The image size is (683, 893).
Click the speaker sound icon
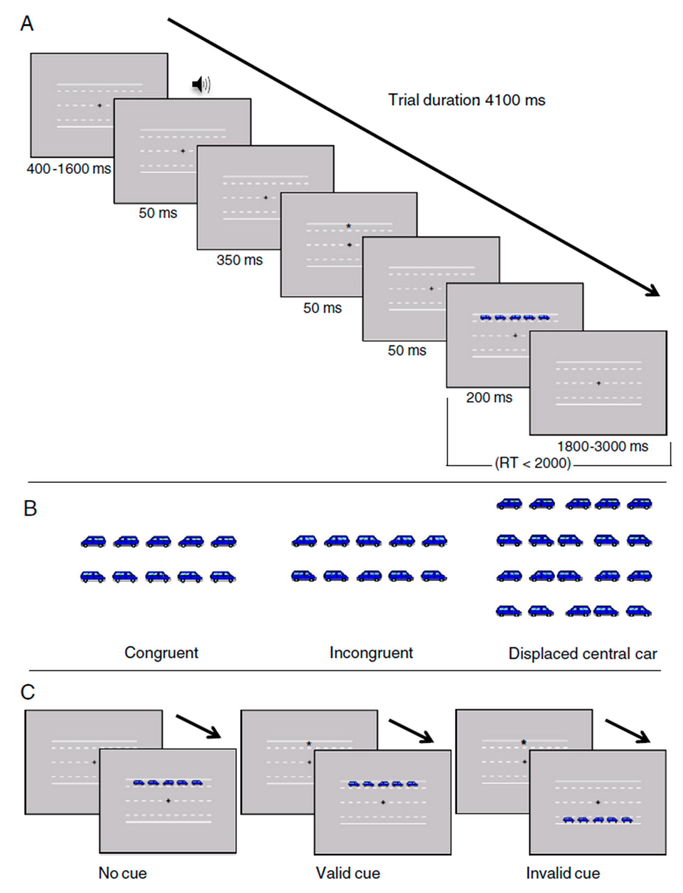(x=201, y=85)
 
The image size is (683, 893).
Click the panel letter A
(x=27, y=24)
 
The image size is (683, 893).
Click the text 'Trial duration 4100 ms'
(x=466, y=100)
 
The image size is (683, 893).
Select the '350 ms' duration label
(x=240, y=260)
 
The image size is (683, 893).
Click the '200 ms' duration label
(x=489, y=397)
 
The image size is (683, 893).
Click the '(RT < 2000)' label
(x=533, y=463)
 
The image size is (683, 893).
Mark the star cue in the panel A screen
(x=348, y=226)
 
